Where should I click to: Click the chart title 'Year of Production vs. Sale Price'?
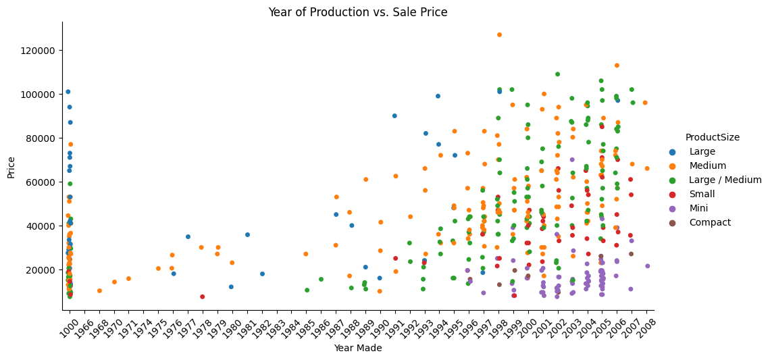point(357,12)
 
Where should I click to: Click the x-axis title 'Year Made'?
point(357,349)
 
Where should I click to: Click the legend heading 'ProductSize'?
point(712,137)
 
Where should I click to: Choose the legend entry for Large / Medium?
point(721,180)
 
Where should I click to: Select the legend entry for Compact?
point(709,222)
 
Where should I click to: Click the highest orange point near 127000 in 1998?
point(499,34)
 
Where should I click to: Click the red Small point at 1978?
point(202,297)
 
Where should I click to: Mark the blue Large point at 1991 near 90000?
point(394,116)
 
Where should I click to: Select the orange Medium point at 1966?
point(99,291)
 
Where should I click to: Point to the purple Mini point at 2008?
point(647,266)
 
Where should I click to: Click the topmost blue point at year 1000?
point(68,92)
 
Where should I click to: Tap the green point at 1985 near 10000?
point(307,290)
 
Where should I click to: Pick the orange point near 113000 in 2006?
point(617,66)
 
